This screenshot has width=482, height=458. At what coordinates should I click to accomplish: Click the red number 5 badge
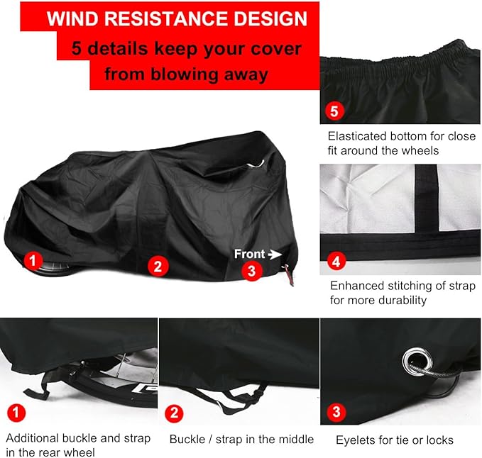click(335, 111)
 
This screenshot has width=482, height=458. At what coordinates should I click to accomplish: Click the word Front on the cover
click(249, 253)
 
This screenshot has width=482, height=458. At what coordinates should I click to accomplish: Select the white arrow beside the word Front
click(274, 253)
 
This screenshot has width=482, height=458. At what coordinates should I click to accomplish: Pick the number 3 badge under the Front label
click(250, 270)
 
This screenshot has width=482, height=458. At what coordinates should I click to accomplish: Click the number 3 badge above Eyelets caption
click(336, 412)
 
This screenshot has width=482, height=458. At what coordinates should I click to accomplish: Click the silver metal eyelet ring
click(413, 361)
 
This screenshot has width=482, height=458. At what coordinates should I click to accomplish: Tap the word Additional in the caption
click(33, 438)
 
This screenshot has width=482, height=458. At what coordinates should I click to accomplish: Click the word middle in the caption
click(295, 440)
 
